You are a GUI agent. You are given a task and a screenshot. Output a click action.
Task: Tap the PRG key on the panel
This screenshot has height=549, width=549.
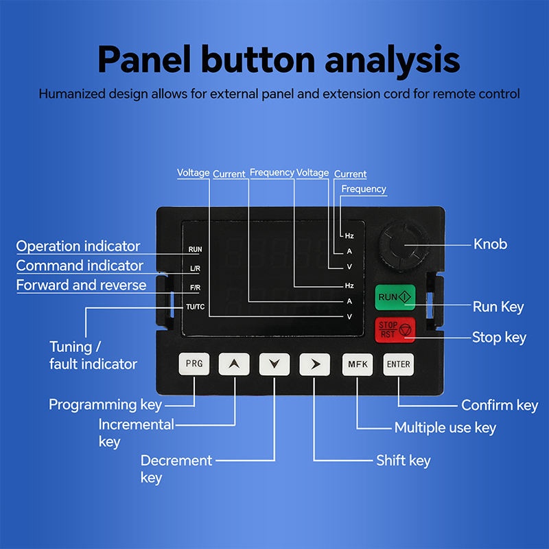click(x=194, y=364)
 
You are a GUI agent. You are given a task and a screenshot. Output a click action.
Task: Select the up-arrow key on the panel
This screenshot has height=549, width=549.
click(x=234, y=364)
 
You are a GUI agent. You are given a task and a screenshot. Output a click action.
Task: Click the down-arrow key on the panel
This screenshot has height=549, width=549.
click(x=274, y=364)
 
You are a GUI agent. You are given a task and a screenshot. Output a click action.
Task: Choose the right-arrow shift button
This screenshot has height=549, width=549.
click(x=315, y=364)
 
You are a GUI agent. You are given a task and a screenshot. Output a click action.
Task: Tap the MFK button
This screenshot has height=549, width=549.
click(x=358, y=364)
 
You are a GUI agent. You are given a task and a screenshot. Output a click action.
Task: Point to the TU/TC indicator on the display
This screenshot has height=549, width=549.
click(x=195, y=306)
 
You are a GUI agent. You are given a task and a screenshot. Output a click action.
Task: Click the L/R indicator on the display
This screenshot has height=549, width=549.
click(x=195, y=268)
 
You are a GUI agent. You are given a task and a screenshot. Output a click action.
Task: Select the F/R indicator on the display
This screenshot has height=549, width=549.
click(x=195, y=288)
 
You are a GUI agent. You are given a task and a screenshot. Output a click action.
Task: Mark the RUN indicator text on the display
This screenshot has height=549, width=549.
click(x=195, y=249)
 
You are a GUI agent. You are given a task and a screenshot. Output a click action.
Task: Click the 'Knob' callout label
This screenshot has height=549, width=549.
click(x=491, y=244)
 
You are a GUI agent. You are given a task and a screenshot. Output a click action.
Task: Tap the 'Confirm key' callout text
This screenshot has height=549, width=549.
click(x=500, y=406)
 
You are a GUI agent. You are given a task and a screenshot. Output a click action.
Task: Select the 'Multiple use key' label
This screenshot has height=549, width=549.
click(x=445, y=428)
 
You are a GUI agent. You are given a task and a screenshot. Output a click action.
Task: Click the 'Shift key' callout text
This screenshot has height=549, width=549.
click(x=404, y=460)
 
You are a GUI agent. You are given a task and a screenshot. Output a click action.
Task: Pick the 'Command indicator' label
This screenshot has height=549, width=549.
click(x=80, y=266)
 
